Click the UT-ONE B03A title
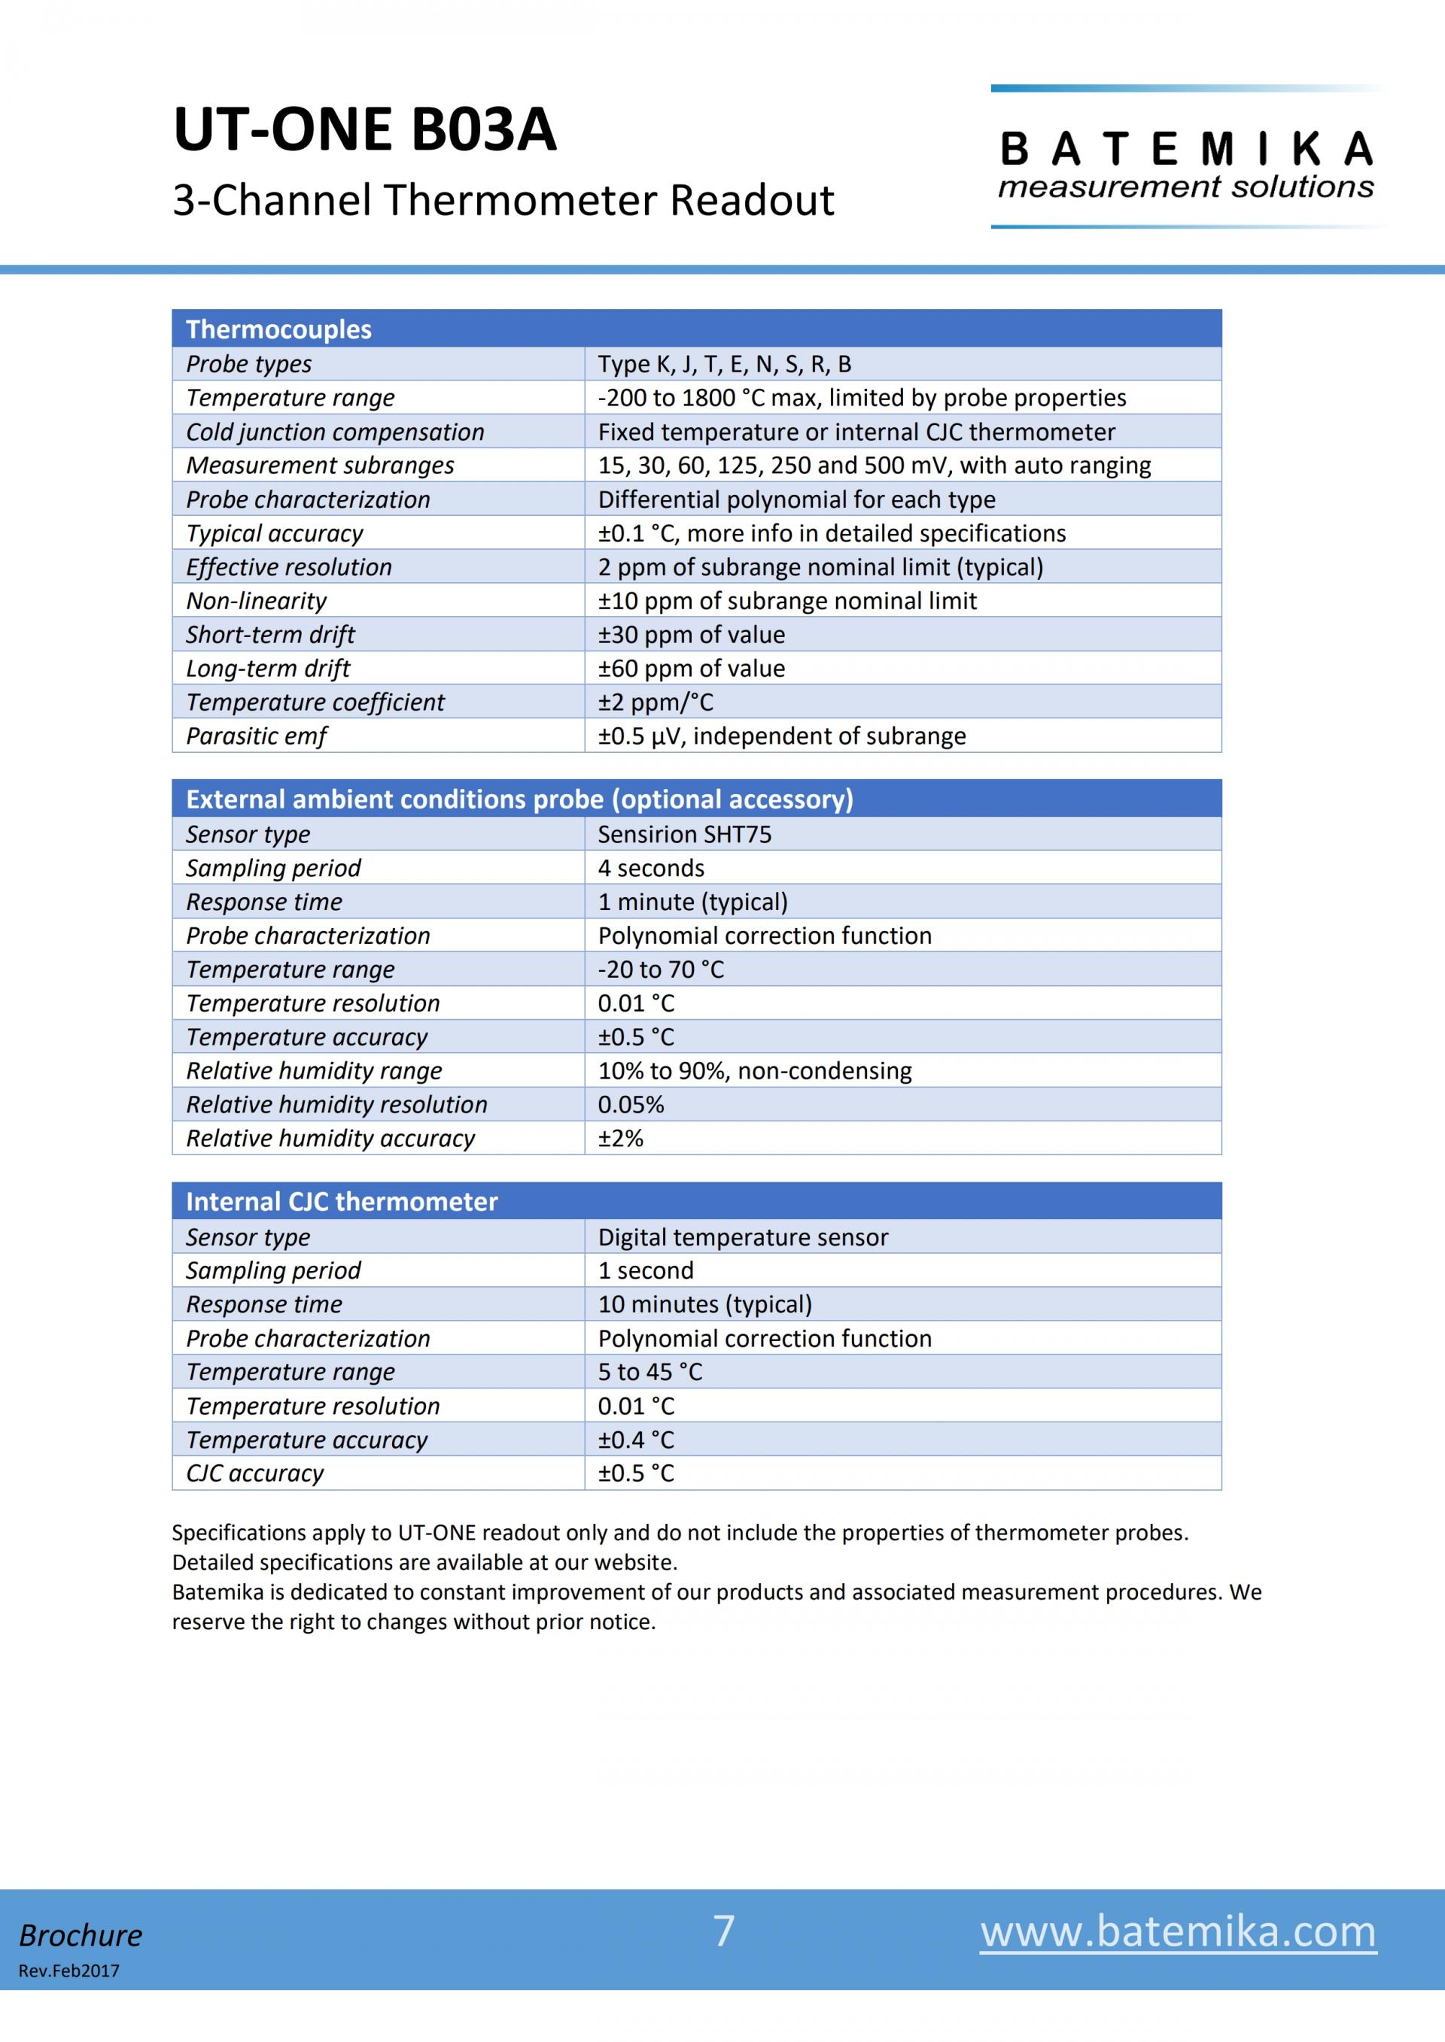365,130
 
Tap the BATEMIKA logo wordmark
1186,150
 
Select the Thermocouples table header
278,329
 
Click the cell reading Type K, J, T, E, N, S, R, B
724,364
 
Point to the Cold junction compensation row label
335,432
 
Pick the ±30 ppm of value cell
692,634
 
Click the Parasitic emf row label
256,736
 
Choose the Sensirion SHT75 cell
684,834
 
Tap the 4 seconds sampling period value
650,868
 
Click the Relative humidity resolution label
336,1105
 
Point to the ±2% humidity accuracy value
620,1139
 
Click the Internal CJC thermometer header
342,1202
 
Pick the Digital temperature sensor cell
743,1237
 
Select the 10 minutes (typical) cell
704,1304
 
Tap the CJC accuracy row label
254,1473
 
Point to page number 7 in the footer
723,1931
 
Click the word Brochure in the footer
81,1935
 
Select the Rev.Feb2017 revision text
68,1971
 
